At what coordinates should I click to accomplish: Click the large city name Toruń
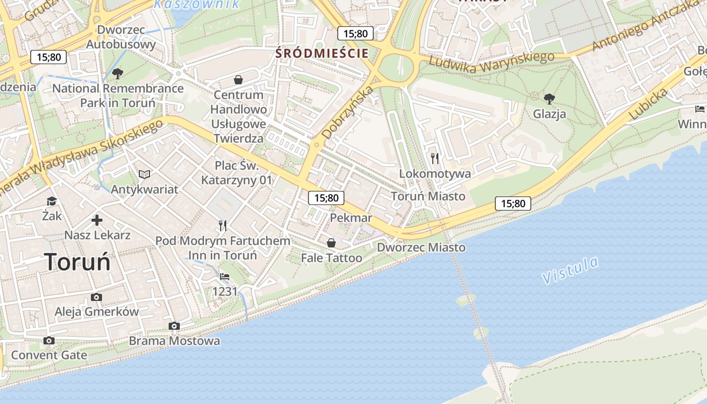click(x=77, y=262)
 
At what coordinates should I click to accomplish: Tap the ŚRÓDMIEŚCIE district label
click(x=322, y=53)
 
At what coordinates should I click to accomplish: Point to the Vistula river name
click(x=570, y=271)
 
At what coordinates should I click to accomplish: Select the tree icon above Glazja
click(x=549, y=98)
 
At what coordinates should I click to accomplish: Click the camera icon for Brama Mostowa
click(x=174, y=326)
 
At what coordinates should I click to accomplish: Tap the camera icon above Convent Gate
click(x=49, y=340)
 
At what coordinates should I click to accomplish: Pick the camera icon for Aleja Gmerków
click(x=96, y=297)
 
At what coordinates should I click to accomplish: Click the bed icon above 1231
click(x=225, y=277)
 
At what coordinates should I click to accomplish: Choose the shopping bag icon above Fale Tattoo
click(x=331, y=243)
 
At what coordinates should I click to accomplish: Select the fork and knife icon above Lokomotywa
click(x=435, y=159)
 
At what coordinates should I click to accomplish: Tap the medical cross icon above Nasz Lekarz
click(x=97, y=220)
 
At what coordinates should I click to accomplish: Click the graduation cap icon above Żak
click(x=52, y=201)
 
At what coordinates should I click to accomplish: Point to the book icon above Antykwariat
click(x=144, y=174)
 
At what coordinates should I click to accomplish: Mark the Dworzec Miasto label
click(x=421, y=247)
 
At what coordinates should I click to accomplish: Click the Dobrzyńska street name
click(x=348, y=113)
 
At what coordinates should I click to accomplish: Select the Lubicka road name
click(x=648, y=105)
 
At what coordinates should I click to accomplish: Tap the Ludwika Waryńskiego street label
click(x=491, y=62)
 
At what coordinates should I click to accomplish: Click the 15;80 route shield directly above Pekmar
click(x=326, y=198)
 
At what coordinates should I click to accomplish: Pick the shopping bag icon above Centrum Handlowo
click(x=238, y=80)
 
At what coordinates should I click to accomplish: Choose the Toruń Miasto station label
click(x=428, y=196)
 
